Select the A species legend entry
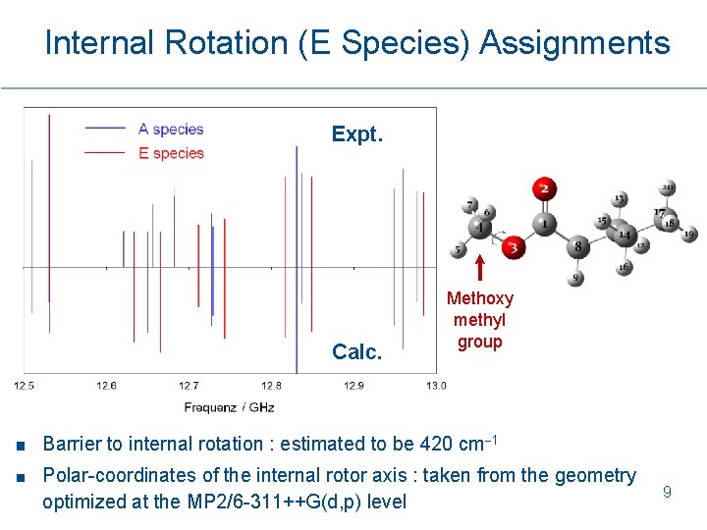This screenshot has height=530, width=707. [x=170, y=129]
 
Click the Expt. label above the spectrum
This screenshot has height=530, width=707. [x=356, y=134]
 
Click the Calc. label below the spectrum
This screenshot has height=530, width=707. [x=356, y=352]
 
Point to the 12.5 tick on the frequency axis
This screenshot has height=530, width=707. [x=25, y=386]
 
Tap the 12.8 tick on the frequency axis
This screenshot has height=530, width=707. [x=271, y=386]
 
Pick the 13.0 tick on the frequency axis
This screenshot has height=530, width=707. [x=435, y=386]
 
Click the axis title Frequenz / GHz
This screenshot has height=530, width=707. [x=229, y=406]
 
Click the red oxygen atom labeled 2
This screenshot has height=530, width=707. [x=543, y=188]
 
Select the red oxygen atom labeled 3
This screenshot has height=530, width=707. [x=512, y=248]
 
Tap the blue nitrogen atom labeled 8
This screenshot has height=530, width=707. [x=578, y=246]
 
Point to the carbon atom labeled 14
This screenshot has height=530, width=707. [x=625, y=235]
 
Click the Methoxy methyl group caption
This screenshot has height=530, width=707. [x=479, y=320]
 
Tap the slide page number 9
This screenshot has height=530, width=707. [x=667, y=492]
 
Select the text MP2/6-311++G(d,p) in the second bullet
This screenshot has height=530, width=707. [x=312, y=503]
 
